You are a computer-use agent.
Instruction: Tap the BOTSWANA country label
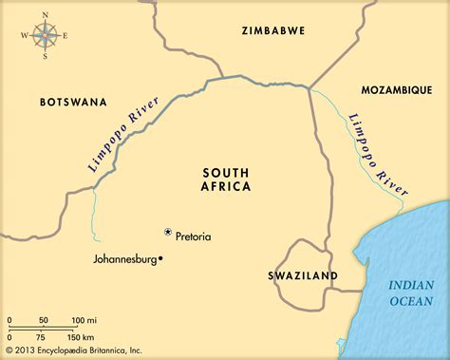[73, 101]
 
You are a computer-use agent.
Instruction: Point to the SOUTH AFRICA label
[227, 180]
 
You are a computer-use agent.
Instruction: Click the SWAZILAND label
[303, 275]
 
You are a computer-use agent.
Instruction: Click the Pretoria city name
[194, 236]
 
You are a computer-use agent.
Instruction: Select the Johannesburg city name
[125, 257]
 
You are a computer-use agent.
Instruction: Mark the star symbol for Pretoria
[168, 232]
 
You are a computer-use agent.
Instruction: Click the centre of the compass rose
[44, 36]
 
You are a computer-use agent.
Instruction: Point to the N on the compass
[44, 14]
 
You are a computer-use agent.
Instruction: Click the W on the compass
[24, 36]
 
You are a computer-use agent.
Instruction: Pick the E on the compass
[64, 36]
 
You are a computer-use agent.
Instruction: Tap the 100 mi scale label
[84, 319]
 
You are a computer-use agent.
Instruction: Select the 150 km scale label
[82, 337]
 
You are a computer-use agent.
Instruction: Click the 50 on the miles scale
[43, 319]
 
